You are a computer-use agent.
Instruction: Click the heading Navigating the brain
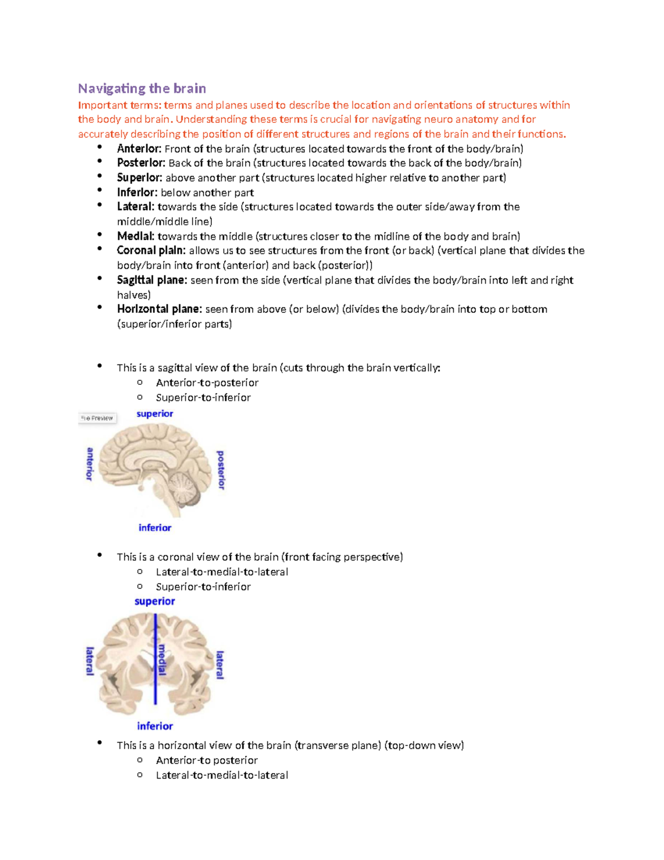pos(142,89)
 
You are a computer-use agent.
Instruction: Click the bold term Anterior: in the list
pos(139,149)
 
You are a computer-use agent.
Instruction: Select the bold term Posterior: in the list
pos(141,163)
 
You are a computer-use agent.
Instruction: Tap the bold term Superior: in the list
pos(139,178)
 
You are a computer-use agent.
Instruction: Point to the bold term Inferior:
pos(137,193)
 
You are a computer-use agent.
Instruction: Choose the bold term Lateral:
pos(136,207)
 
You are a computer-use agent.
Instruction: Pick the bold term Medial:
pos(136,236)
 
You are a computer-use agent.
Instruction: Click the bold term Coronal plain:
pos(151,251)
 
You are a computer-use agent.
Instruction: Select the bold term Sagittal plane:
pos(152,280)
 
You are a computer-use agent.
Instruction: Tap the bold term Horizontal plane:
pos(159,310)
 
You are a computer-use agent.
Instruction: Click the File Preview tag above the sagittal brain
pos(97,418)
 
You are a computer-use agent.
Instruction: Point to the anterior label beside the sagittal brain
pos(90,464)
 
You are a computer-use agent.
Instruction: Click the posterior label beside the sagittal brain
pos(221,470)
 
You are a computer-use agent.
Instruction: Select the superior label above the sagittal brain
pos(155,414)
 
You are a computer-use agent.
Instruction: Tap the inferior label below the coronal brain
pos(155,726)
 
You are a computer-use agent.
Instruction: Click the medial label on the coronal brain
pos(162,659)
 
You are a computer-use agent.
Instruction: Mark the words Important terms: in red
pos(120,105)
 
